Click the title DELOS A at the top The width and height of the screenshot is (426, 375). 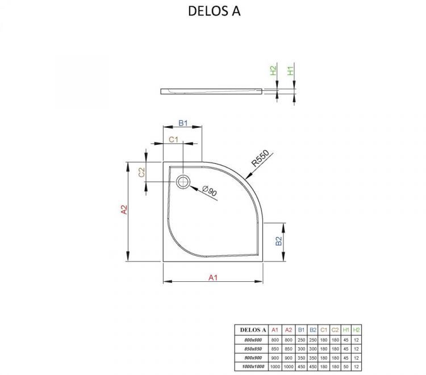click(x=213, y=11)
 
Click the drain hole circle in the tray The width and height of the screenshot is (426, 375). click(x=183, y=182)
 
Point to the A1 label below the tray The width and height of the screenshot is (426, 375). click(x=213, y=277)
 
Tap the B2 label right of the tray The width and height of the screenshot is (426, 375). click(x=279, y=241)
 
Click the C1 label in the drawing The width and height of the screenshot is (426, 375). click(x=174, y=139)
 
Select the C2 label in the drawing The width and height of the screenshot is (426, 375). click(x=142, y=172)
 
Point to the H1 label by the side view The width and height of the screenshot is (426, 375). click(x=290, y=71)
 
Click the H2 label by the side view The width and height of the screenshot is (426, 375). click(x=273, y=71)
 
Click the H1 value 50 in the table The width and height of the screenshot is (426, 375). click(x=346, y=366)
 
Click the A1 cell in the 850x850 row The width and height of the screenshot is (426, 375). click(x=274, y=348)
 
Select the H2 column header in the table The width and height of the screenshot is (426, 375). click(x=357, y=330)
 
